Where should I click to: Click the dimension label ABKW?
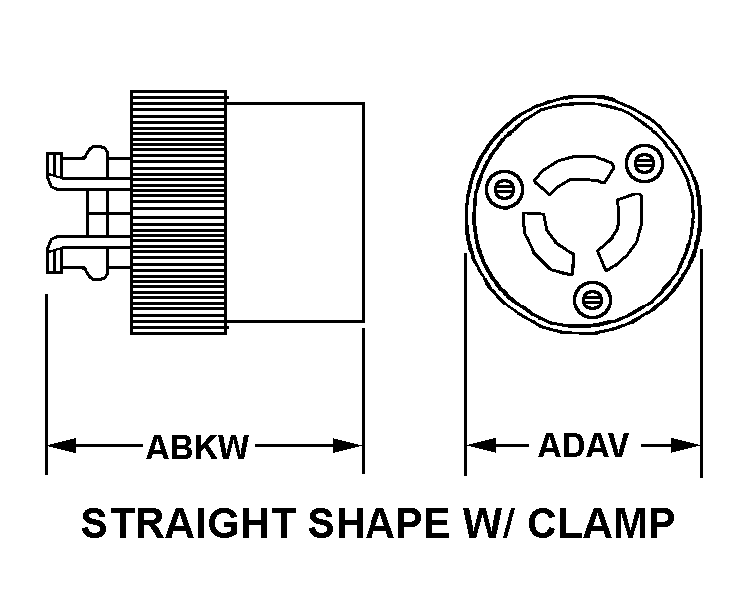(197, 447)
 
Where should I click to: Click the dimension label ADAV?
(583, 445)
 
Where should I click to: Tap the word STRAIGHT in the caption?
(189, 523)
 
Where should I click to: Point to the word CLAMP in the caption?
(601, 523)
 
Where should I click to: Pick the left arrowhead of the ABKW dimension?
(62, 446)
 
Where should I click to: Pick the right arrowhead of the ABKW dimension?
(348, 446)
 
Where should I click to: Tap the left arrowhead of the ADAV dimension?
(481, 445)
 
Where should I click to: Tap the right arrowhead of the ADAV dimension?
(685, 445)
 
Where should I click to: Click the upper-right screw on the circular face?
(643, 164)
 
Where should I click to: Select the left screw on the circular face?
(504, 189)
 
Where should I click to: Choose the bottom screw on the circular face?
(592, 300)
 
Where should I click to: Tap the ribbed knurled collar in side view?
(178, 213)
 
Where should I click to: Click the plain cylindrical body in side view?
(295, 213)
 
